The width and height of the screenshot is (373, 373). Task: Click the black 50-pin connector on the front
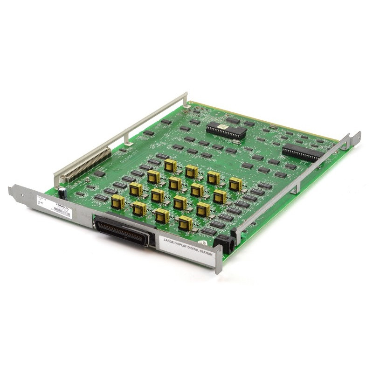122,229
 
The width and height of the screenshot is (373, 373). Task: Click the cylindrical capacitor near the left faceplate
62,193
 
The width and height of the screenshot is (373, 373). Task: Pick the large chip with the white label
226,130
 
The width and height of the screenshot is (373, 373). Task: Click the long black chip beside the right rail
303,152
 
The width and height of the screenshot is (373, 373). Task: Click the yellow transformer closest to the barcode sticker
117,202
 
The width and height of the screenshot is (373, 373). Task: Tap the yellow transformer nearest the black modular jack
185,223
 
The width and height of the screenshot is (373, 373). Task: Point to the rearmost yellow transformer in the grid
170,165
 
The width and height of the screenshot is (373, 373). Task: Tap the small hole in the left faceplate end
14,190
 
